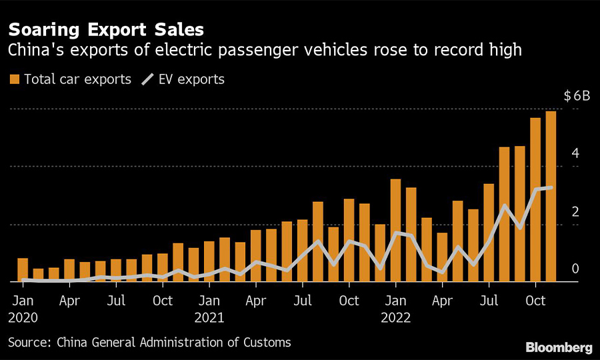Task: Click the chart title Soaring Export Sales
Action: coord(106,30)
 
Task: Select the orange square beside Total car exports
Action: coord(14,79)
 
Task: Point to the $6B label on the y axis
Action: coord(577,96)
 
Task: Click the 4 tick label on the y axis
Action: coord(575,153)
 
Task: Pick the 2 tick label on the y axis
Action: coord(575,211)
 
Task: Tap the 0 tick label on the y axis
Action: coord(575,269)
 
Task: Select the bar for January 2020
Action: coord(23,270)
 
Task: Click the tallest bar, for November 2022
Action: coord(551,197)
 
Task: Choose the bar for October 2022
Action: coord(535,200)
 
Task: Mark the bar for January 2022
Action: coord(396,231)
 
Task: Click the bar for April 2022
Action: coord(442,257)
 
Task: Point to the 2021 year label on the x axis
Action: coord(209,318)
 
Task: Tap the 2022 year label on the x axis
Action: coord(396,318)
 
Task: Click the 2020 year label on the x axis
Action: coord(23,318)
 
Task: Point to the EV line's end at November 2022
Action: coord(551,187)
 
